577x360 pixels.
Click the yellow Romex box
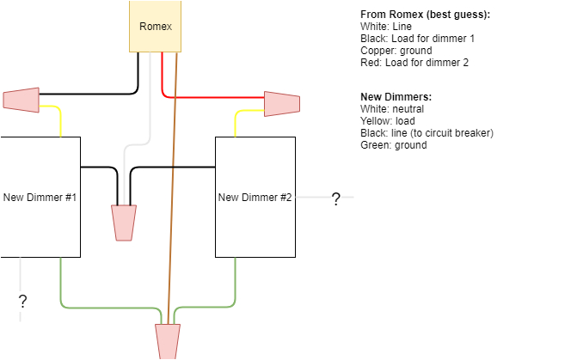[155, 26]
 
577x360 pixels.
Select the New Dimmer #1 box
[40, 197]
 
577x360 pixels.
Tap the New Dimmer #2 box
[255, 197]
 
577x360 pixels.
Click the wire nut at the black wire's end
[21, 99]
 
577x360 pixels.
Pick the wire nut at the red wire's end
[281, 104]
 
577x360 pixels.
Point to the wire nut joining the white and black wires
[125, 222]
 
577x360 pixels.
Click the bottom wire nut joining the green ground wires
[168, 340]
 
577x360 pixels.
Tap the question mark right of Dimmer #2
[335, 199]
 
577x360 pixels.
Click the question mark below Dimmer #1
[22, 301]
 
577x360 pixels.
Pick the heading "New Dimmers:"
[396, 97]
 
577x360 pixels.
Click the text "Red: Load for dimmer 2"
[414, 63]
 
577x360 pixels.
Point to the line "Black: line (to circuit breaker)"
[427, 133]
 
